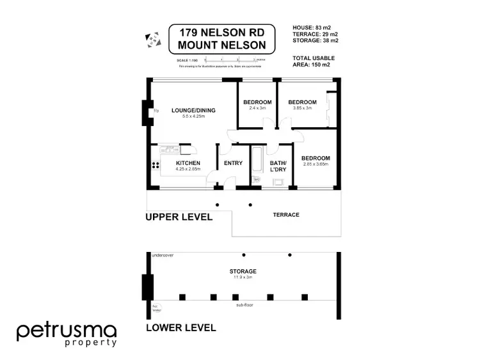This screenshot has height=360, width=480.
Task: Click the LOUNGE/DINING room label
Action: click(x=193, y=110)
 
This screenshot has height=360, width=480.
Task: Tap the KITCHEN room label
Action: click(x=189, y=163)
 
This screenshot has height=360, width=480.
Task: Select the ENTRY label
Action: click(x=233, y=163)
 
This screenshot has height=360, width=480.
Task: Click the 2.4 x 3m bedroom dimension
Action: click(x=257, y=109)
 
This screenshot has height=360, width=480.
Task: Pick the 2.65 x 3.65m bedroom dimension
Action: click(x=316, y=164)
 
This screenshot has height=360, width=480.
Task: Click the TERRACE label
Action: click(x=286, y=215)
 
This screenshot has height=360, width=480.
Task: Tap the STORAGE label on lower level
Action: click(x=243, y=271)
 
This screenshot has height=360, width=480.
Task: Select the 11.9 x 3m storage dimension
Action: click(x=243, y=278)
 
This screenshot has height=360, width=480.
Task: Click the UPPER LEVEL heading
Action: click(x=179, y=217)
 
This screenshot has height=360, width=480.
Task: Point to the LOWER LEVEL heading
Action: click(x=181, y=328)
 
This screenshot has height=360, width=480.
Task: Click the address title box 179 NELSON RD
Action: click(x=225, y=40)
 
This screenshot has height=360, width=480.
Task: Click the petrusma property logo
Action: click(x=67, y=334)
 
